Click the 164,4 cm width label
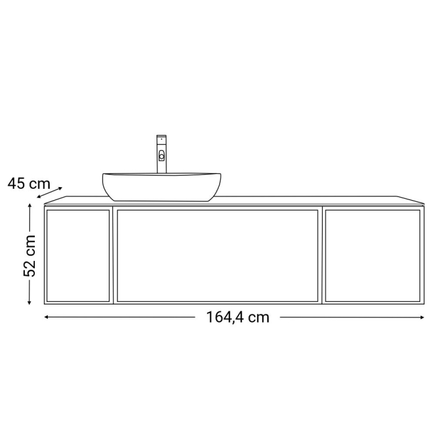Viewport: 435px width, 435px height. (238, 318)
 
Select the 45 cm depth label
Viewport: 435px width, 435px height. (29, 183)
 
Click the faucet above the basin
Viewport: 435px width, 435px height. (162, 155)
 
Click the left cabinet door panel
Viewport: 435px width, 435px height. (78, 255)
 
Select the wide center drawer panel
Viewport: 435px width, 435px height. (217, 255)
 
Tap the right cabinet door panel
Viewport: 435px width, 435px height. (372, 255)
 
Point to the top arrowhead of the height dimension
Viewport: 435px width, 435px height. (29, 207)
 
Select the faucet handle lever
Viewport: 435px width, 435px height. (162, 156)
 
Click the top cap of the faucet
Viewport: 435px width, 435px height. (162, 137)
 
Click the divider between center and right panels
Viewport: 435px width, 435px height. (322, 255)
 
